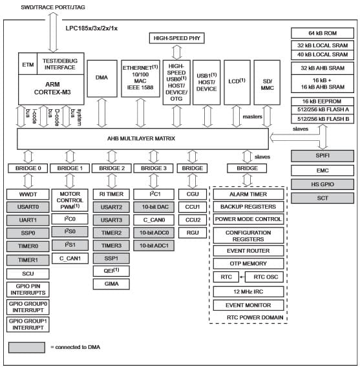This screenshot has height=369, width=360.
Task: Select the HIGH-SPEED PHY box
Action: tap(175, 39)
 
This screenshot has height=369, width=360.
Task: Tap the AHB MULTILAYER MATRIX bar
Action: tap(142, 138)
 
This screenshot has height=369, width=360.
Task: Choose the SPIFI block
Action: tap(323, 156)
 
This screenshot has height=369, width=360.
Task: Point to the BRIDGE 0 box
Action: tap(28, 168)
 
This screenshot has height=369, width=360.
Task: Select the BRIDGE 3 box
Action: tap(153, 168)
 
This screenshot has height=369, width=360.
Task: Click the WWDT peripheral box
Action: tap(28, 194)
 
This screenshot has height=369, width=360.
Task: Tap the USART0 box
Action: tap(28, 207)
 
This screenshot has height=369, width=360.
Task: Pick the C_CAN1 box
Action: tap(69, 258)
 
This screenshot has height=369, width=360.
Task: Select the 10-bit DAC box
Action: tap(153, 207)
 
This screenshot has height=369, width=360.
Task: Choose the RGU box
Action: tap(193, 232)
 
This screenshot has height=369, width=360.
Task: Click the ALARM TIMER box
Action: tap(248, 195)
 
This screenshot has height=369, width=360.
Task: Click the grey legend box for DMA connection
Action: tap(26, 347)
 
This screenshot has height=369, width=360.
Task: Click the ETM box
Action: tap(28, 65)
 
